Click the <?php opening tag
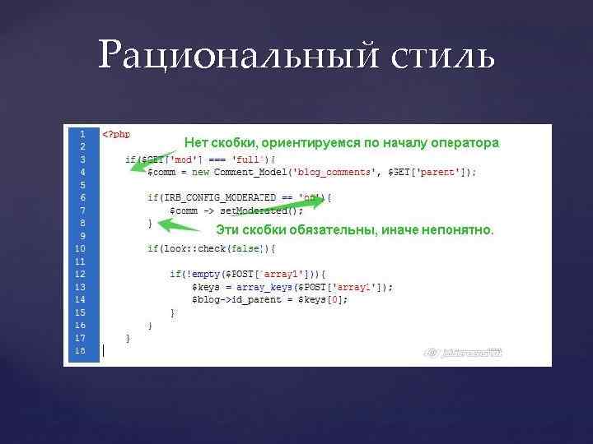click(116, 134)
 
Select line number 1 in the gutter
click(82, 133)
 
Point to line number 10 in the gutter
click(80, 248)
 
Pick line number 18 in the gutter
click(80, 350)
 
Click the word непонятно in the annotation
click(457, 230)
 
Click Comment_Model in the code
click(248, 172)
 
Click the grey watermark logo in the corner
click(463, 353)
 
